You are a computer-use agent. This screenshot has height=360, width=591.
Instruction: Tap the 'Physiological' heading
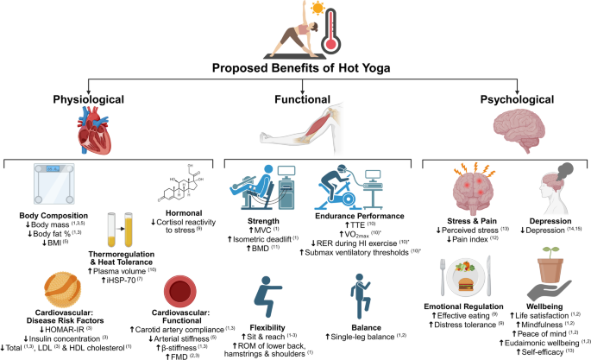tap(77, 100)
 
